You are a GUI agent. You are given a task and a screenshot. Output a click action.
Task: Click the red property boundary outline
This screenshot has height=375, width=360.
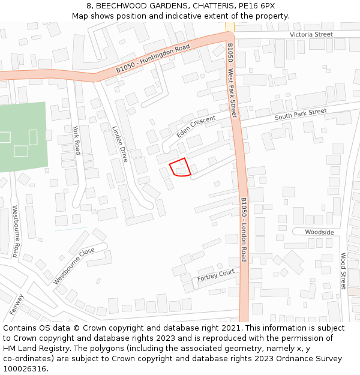[180, 167]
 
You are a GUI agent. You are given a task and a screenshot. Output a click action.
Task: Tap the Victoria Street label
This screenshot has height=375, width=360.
[311, 34]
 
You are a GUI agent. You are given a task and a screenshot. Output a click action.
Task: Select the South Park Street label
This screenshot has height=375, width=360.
[301, 114]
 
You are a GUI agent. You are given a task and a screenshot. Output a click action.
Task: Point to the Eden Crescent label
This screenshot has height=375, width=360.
[196, 126]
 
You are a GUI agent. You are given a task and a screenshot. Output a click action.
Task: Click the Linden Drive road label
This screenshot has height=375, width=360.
[120, 144]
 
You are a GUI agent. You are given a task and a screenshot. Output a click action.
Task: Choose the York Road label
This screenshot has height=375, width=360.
[76, 140]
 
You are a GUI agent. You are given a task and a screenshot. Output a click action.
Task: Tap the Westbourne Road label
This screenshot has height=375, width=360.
[16, 231]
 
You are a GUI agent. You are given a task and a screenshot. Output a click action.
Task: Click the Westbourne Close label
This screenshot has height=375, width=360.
[74, 266]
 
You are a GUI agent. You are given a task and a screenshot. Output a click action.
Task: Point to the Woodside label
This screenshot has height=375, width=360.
[319, 232]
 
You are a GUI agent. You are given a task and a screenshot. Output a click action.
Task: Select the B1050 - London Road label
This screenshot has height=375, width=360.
[244, 230]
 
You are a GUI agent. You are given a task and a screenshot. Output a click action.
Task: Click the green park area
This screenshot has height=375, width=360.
[24, 137]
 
